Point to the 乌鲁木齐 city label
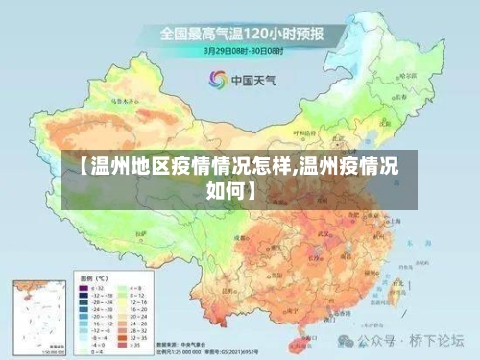point(123,98)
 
